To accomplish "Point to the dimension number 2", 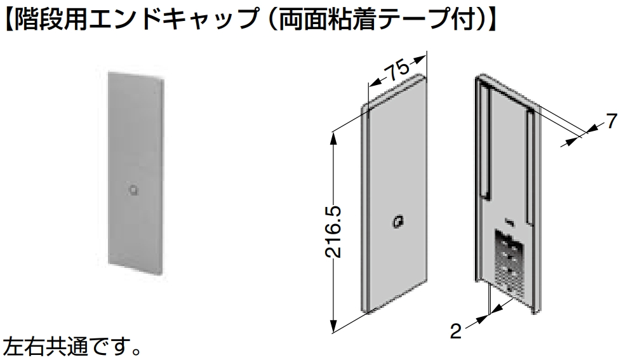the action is coord(456,331).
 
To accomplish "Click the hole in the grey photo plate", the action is coord(134,190).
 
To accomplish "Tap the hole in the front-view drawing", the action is coord(397,222).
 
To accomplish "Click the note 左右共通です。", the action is coord(72,347).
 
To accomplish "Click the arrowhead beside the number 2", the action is coord(484,318).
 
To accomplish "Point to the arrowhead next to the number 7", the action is coord(593,128).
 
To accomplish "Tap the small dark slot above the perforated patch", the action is coord(510,222).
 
